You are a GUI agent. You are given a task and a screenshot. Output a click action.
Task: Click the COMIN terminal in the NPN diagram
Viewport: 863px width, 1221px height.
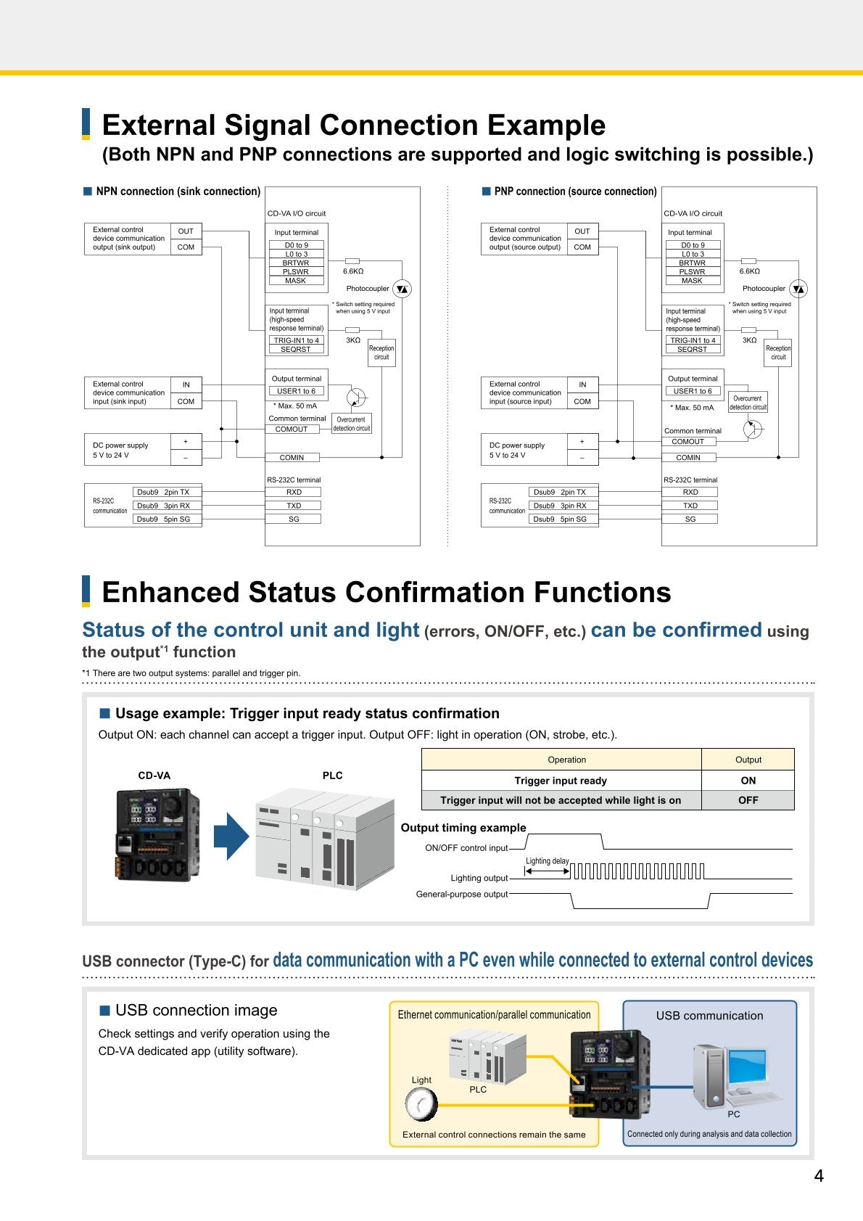pos(292,457)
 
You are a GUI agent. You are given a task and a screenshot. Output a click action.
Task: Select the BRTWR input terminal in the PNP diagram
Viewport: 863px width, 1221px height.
pos(693,263)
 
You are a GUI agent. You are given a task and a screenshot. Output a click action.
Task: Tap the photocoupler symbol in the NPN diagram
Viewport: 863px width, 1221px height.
pos(402,289)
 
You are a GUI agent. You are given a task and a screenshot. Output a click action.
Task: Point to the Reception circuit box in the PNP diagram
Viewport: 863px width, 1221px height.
pos(778,352)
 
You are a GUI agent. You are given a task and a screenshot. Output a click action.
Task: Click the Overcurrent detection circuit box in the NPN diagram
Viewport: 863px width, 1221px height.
pos(352,424)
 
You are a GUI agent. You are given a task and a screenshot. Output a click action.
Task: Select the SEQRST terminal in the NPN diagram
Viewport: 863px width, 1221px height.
pos(296,349)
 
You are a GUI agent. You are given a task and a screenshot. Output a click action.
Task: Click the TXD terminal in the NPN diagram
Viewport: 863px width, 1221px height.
pos(294,505)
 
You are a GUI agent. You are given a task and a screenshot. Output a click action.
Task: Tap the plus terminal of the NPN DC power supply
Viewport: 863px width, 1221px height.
pos(186,442)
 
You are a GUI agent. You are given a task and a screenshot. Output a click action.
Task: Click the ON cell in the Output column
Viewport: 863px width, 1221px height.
pos(748,781)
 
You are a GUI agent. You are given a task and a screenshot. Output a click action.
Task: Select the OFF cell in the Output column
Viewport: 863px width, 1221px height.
pos(748,800)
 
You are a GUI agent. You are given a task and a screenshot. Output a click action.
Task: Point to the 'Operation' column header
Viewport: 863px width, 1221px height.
pos(566,760)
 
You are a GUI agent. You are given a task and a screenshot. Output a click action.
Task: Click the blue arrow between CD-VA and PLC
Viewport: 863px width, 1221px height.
pos(231,836)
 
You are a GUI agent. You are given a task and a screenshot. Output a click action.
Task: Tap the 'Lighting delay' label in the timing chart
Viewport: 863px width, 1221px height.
pos(547,860)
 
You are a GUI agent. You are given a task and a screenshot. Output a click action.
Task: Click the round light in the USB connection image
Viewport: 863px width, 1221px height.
pos(421,1104)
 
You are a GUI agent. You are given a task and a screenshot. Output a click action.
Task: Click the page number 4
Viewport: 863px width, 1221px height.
pos(818,1176)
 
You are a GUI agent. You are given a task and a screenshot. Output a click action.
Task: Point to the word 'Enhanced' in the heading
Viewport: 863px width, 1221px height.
pos(170,592)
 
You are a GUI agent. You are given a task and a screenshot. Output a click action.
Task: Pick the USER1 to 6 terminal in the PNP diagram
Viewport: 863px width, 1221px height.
pos(693,391)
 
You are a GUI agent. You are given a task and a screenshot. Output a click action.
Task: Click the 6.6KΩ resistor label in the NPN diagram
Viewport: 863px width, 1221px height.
pos(353,271)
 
